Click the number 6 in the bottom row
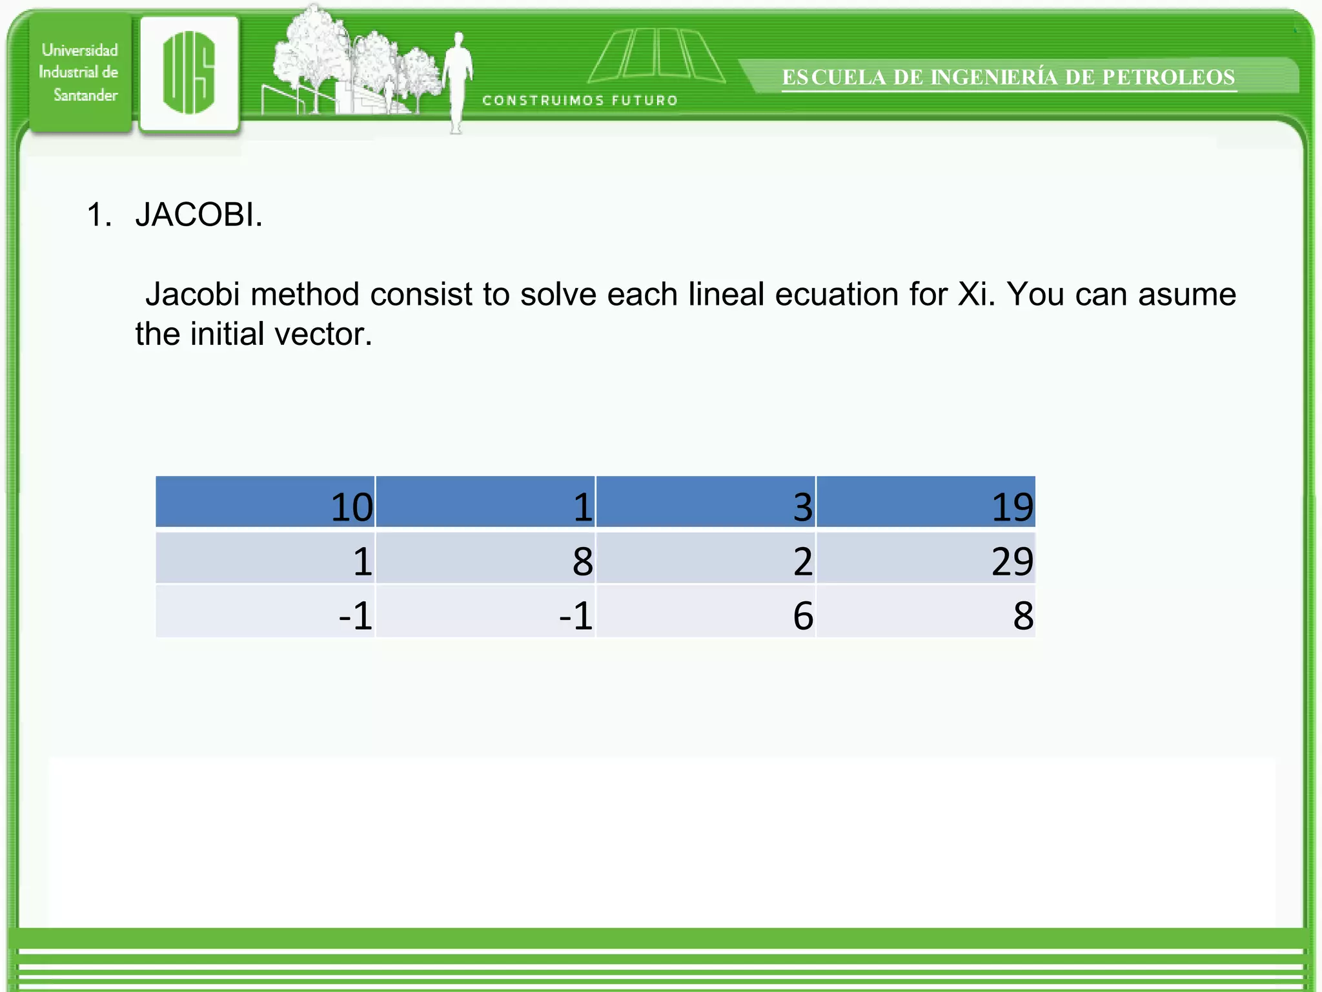click(803, 615)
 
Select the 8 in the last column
click(1022, 615)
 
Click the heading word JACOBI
click(198, 214)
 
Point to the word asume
click(1186, 294)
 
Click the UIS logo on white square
click(189, 72)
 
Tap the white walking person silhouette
click(458, 81)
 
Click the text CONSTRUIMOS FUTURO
click(580, 100)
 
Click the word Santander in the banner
click(85, 95)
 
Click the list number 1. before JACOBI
click(99, 214)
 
